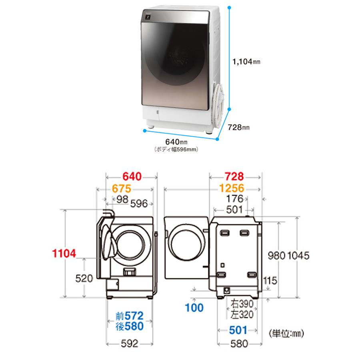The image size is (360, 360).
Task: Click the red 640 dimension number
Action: point(132,176)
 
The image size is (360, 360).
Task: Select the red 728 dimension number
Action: point(234,176)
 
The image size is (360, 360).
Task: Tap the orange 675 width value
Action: point(122,189)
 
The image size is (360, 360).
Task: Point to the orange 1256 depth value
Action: point(232,188)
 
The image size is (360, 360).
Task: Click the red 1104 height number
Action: point(64,254)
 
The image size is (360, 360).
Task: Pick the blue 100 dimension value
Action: point(194,308)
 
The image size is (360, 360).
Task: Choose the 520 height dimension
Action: point(84,278)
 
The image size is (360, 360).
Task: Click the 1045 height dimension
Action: point(298,256)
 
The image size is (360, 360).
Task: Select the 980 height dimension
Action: point(277,256)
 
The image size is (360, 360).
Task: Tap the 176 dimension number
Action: point(234,199)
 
